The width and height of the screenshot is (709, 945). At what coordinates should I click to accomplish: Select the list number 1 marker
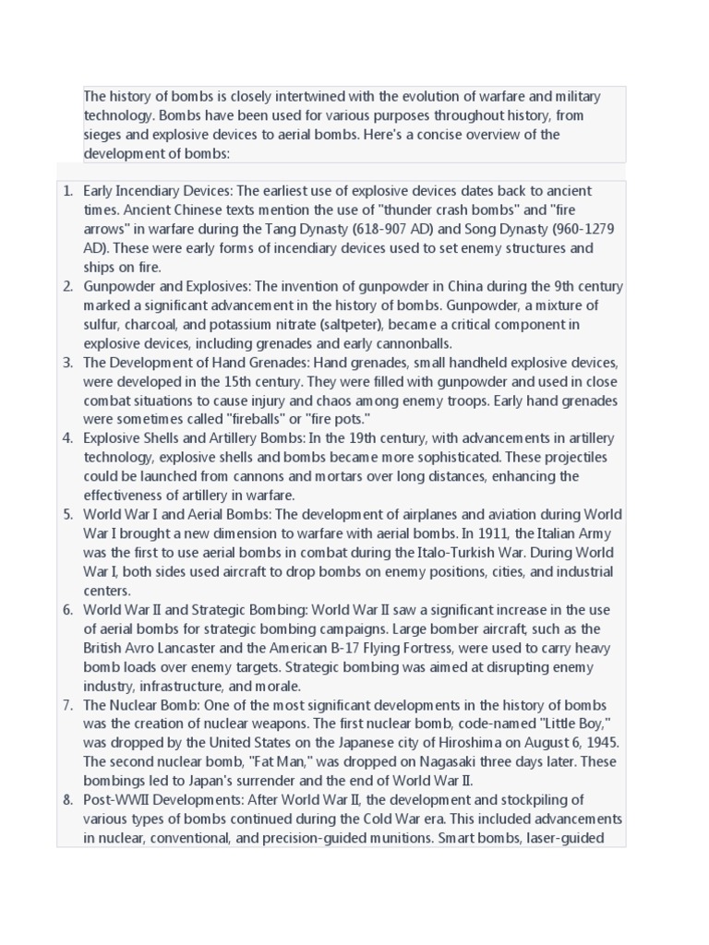click(x=67, y=191)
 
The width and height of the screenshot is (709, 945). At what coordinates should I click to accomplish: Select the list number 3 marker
click(x=67, y=363)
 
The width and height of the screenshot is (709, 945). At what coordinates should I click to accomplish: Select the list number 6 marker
click(x=67, y=610)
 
